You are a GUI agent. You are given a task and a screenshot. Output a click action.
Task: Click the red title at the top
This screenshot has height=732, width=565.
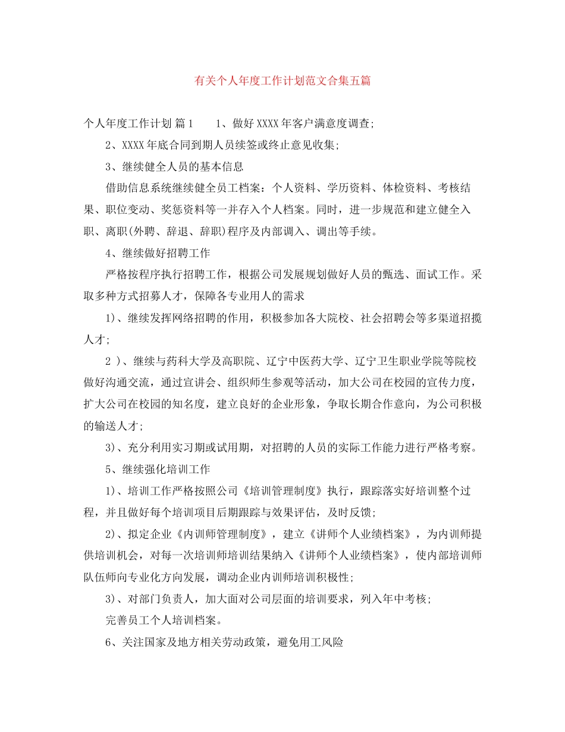tap(282, 80)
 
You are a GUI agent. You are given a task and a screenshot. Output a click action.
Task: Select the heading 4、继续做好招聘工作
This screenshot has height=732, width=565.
tap(158, 253)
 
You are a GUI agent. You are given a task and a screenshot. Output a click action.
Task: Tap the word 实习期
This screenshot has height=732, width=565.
tap(189, 447)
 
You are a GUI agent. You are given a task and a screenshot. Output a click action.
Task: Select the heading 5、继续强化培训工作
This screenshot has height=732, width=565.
tap(158, 468)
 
